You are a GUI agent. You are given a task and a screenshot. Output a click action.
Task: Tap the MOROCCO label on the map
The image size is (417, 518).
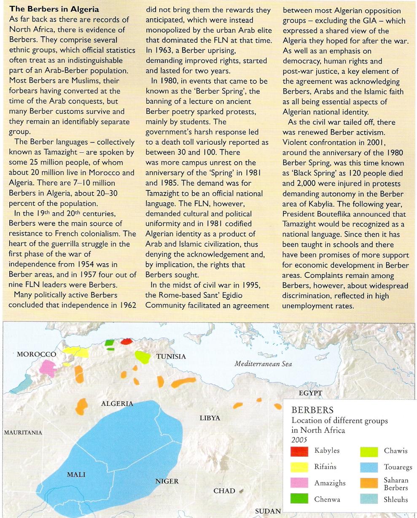(x=37, y=354)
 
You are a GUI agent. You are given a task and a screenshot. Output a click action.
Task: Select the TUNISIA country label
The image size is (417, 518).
(x=171, y=357)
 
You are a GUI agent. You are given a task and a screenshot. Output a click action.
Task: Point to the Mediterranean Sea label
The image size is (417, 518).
(x=264, y=364)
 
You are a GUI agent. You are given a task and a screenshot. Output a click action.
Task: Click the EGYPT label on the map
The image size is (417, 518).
(x=310, y=393)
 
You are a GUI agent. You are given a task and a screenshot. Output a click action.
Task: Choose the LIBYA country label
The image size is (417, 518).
(x=210, y=418)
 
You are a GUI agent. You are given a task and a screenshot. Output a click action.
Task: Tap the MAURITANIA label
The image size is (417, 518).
(x=23, y=432)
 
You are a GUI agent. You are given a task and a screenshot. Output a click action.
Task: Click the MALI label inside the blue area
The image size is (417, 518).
(x=76, y=475)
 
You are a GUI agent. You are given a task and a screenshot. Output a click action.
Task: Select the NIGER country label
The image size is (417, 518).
(x=167, y=481)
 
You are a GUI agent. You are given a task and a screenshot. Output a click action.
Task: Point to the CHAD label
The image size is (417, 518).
(x=224, y=491)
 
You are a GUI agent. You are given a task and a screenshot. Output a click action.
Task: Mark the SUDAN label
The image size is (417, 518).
(x=268, y=511)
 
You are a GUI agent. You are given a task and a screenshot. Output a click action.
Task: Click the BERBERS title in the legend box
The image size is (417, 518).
(x=312, y=410)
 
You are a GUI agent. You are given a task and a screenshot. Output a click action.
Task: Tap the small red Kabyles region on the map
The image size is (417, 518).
(x=126, y=341)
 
